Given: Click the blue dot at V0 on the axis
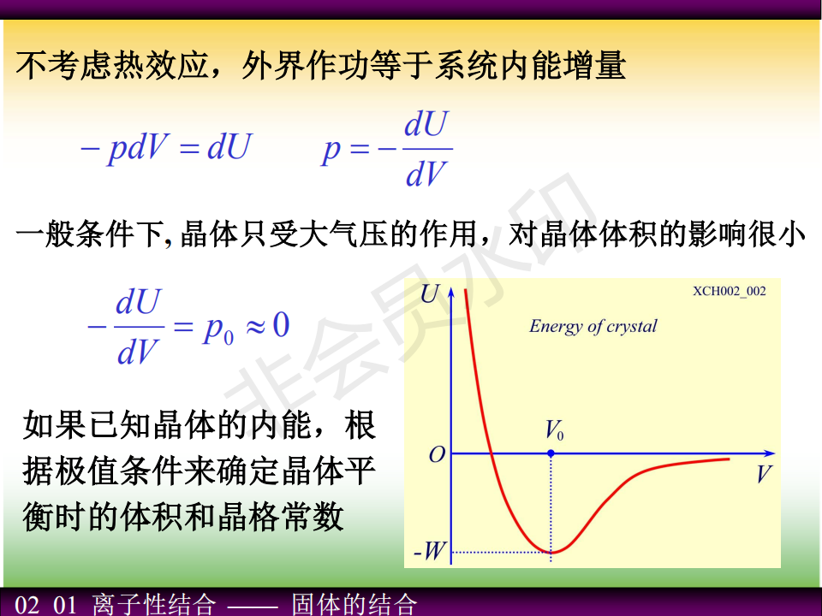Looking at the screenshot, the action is pyautogui.click(x=551, y=453).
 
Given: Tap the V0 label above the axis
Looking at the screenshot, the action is pyautogui.click(x=554, y=430).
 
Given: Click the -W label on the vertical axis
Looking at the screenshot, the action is pyautogui.click(x=429, y=551).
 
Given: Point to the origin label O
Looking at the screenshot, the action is pyautogui.click(x=438, y=454).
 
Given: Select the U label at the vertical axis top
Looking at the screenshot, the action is pyautogui.click(x=430, y=293).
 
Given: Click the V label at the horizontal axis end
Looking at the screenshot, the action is pyautogui.click(x=764, y=474).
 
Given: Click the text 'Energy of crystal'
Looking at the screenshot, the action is pyautogui.click(x=593, y=326).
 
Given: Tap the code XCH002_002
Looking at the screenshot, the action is pyautogui.click(x=730, y=291).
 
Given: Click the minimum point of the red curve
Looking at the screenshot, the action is pyautogui.click(x=551, y=552).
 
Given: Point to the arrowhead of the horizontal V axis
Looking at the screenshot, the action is pyautogui.click(x=770, y=453).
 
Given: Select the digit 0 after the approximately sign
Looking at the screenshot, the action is pyautogui.click(x=281, y=325).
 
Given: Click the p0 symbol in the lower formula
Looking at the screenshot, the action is pyautogui.click(x=218, y=330).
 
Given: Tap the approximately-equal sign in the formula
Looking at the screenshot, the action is pyautogui.click(x=256, y=327).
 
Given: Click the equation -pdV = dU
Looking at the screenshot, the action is pyautogui.click(x=166, y=147).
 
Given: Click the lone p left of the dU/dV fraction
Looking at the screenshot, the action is pyautogui.click(x=331, y=152).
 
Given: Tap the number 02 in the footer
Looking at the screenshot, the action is pyautogui.click(x=27, y=605).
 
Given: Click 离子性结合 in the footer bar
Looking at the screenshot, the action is pyautogui.click(x=153, y=604).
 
